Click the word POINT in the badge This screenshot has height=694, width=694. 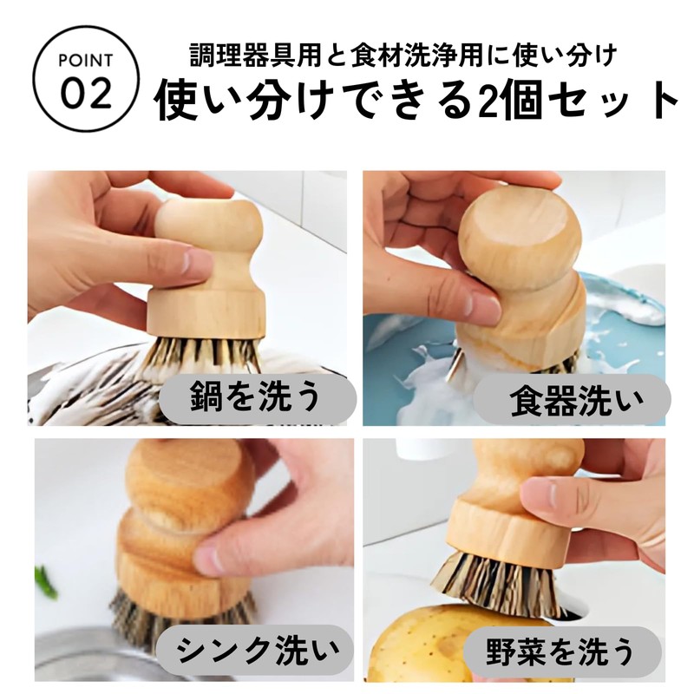tap(88, 61)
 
